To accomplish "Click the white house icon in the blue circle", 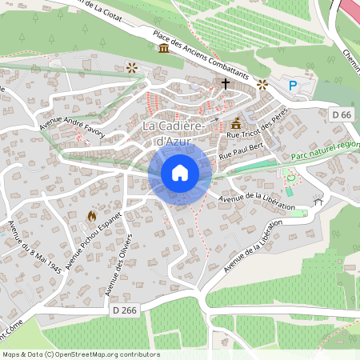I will click(x=180, y=173).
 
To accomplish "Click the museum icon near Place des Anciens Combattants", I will click(x=164, y=48).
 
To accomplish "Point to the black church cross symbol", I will click(x=226, y=82).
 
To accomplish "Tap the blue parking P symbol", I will click(x=293, y=85).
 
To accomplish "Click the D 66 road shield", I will click(x=341, y=115).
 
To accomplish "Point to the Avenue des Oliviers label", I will click(x=121, y=264).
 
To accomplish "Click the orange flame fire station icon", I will click(x=92, y=216).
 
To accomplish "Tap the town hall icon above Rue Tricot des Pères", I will click(x=236, y=124).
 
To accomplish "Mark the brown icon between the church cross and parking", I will click(x=262, y=83).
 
